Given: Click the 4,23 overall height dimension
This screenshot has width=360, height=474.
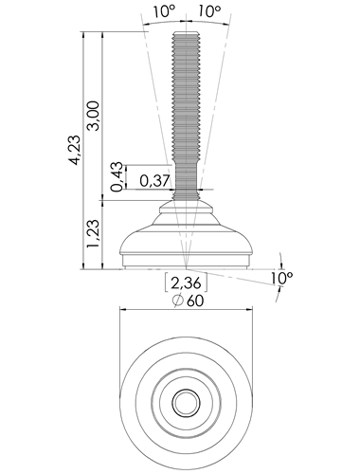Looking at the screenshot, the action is (75, 150).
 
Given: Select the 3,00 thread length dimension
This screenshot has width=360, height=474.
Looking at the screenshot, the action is (94, 116).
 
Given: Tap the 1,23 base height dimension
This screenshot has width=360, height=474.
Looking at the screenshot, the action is (94, 233).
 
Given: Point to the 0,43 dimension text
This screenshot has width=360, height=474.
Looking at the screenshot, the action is (117, 176).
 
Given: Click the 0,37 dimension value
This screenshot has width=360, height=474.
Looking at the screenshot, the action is (154, 180).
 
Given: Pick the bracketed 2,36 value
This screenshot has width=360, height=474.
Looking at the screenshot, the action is (186, 283).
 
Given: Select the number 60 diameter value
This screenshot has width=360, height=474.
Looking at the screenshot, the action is (195, 301).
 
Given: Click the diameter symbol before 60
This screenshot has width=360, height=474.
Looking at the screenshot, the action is (178, 301).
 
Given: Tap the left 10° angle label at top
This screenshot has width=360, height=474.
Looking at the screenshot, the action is (164, 11).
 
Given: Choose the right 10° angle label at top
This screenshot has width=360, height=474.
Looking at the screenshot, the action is (209, 11).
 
